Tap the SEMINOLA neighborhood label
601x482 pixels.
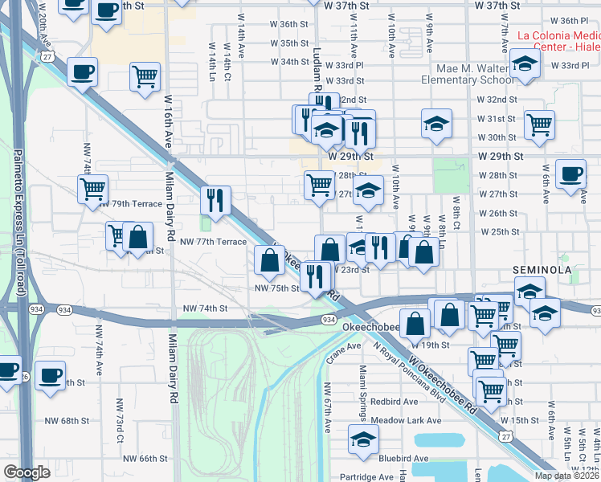(x=542, y=271)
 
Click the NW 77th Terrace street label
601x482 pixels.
(x=213, y=241)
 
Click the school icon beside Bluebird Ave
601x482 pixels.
(x=363, y=439)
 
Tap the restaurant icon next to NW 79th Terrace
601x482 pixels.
(x=215, y=201)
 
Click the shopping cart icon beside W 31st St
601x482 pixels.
(x=539, y=125)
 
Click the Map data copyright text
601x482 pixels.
(x=566, y=476)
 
